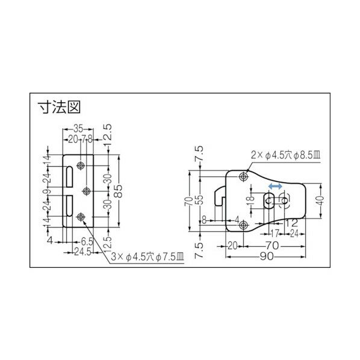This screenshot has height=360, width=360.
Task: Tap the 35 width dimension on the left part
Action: [78, 129]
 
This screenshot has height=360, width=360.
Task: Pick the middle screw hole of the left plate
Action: [87, 190]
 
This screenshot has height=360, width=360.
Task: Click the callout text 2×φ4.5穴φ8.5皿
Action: [287, 155]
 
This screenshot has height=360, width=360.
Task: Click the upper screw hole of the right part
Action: [242, 176]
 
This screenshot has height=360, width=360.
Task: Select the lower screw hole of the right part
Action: [242, 225]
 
